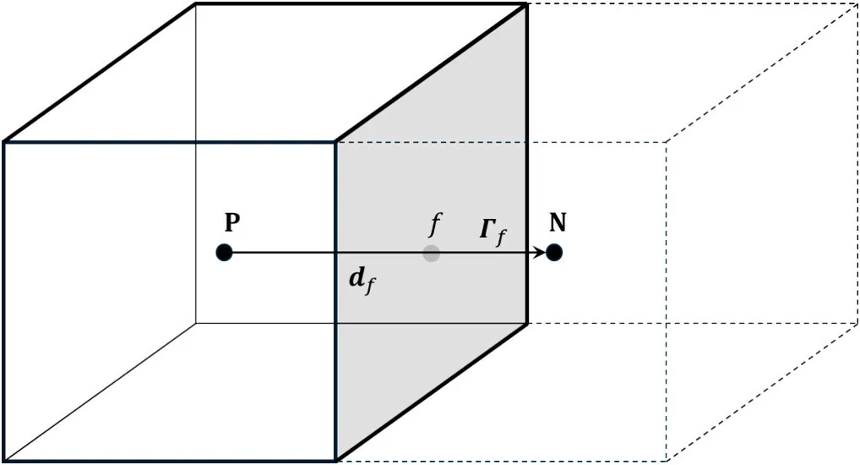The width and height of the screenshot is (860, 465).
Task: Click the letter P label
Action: click(x=232, y=222)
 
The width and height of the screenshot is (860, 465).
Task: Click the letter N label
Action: click(x=558, y=222)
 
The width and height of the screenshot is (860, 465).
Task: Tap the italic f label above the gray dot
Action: click(x=435, y=224)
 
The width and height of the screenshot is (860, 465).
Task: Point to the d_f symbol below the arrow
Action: click(x=362, y=280)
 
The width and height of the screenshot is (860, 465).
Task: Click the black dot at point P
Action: click(x=224, y=252)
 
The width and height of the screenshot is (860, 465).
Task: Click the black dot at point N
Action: click(x=554, y=252)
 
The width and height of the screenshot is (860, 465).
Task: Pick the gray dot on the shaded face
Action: click(x=432, y=252)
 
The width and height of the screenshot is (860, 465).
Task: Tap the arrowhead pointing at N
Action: click(x=540, y=252)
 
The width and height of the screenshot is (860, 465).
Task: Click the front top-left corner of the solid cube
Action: click(x=4, y=141)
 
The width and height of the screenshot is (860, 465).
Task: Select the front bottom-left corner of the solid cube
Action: click(x=4, y=461)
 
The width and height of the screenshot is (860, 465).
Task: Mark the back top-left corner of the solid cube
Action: click(x=196, y=4)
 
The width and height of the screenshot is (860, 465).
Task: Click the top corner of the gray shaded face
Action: click(x=527, y=4)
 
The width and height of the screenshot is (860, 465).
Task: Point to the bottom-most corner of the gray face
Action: click(x=337, y=461)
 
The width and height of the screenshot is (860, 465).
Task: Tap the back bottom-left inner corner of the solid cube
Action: click(x=196, y=323)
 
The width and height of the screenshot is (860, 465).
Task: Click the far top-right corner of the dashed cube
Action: click(x=857, y=4)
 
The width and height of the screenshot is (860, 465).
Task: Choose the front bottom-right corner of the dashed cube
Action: click(x=667, y=461)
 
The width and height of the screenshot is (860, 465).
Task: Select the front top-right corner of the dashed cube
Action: click(x=667, y=141)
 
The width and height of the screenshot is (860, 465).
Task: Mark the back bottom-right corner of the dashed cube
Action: click(x=857, y=323)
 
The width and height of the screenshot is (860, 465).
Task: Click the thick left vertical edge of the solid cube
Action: click(x=4, y=301)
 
